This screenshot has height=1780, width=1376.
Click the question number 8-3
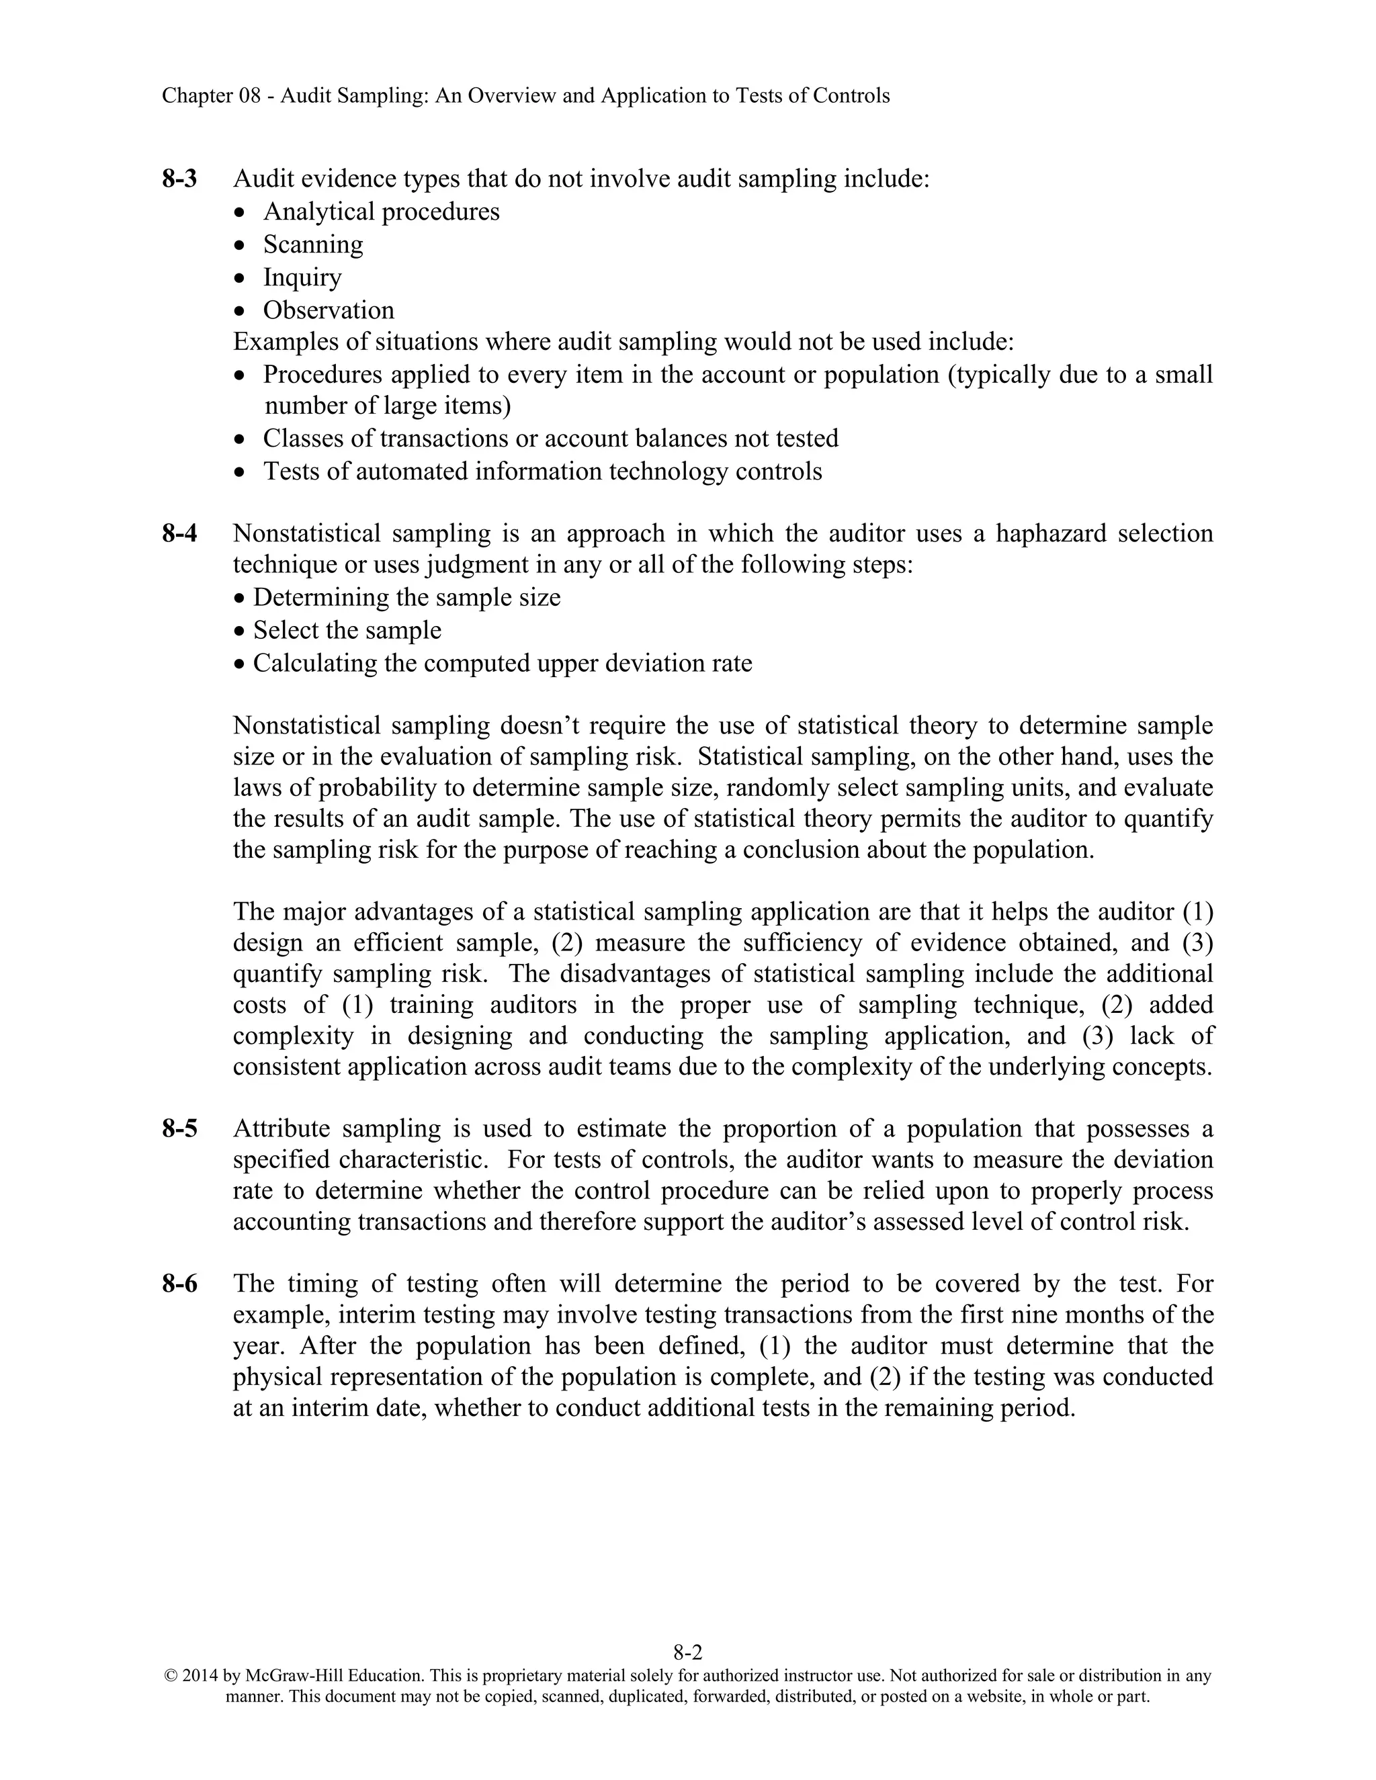coord(179,179)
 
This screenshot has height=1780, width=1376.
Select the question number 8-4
coord(179,534)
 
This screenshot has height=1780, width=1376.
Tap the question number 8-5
coord(179,1129)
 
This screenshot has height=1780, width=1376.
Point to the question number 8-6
coord(179,1284)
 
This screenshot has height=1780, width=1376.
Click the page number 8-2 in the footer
coord(687,1652)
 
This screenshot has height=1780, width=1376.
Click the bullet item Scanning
coord(313,244)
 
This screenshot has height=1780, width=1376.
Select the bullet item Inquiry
coord(302,277)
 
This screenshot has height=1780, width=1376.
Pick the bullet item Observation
coord(329,310)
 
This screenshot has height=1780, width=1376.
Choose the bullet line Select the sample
coord(347,630)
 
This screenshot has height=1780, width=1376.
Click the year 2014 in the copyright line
coord(200,1676)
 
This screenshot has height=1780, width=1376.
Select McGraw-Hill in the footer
coord(294,1676)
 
